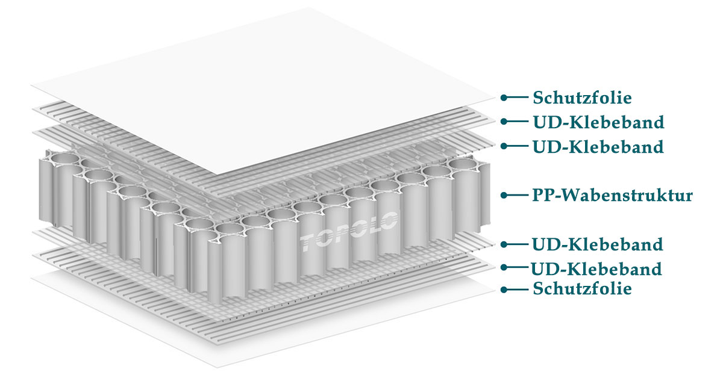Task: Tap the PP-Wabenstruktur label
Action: tap(612, 195)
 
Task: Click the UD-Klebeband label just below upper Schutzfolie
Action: tap(598, 122)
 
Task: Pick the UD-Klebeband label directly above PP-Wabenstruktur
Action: tap(598, 146)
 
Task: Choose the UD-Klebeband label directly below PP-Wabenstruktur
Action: tap(598, 244)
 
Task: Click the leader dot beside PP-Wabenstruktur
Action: tap(504, 195)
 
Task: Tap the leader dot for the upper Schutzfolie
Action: tap(504, 97)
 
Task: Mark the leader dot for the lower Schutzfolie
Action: tap(504, 290)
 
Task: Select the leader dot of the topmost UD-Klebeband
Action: tap(504, 122)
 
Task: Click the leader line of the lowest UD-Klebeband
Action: tap(516, 268)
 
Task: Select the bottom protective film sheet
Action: tap(181, 325)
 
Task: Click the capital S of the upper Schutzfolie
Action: tap(538, 97)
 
